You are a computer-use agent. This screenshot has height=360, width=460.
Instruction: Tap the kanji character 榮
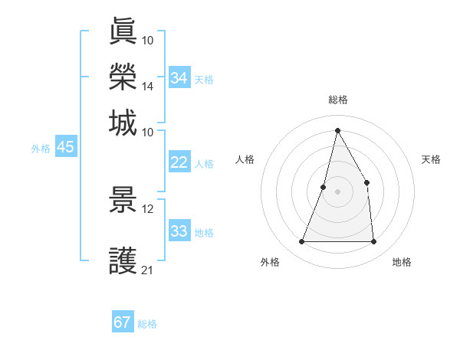click(x=123, y=77)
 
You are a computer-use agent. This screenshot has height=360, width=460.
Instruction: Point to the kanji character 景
click(x=123, y=200)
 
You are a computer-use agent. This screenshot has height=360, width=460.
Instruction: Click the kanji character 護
click(x=123, y=260)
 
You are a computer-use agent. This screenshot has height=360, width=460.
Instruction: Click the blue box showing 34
click(x=179, y=78)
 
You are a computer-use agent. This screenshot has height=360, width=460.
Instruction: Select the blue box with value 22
click(x=179, y=162)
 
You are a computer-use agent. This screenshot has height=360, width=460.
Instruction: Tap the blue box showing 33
click(x=179, y=231)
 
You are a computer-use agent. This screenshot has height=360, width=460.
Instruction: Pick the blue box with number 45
click(x=65, y=148)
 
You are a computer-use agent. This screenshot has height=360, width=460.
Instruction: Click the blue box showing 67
click(x=123, y=322)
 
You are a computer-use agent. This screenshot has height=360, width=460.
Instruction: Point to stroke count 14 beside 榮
click(x=148, y=87)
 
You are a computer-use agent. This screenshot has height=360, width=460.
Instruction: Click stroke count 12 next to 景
click(x=148, y=209)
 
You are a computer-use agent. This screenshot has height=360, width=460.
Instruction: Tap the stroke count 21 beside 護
click(x=148, y=270)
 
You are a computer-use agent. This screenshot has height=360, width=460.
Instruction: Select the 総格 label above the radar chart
click(x=337, y=100)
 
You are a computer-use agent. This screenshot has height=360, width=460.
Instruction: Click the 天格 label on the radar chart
click(x=431, y=159)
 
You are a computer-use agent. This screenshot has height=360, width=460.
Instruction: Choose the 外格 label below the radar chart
click(x=270, y=262)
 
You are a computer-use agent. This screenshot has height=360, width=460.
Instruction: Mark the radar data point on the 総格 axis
click(x=337, y=129)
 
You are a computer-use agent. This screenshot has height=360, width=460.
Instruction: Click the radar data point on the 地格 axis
click(x=373, y=242)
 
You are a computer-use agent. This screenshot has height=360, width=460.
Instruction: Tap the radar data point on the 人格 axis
click(x=324, y=187)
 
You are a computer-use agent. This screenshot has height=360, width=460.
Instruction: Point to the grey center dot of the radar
click(x=337, y=191)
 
